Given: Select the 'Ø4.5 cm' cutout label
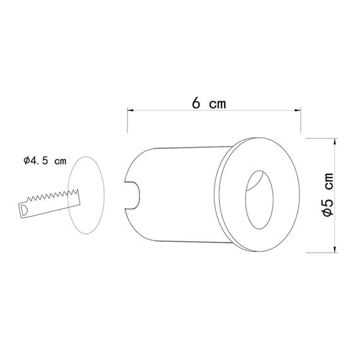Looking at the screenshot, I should tap(44, 161).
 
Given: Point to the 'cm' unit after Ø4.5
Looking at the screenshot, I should tap(60, 161).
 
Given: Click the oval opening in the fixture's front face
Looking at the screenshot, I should tap(258, 199).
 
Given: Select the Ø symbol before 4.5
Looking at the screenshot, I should tap(26, 161).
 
